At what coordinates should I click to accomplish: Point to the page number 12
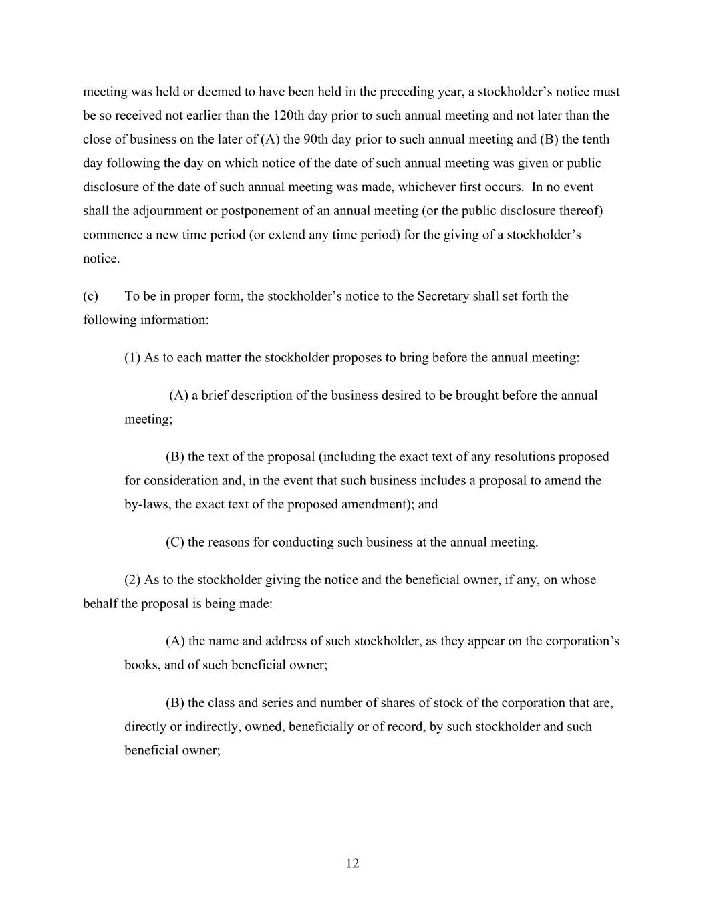click(x=353, y=863)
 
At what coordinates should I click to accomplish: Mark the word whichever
click(x=424, y=186)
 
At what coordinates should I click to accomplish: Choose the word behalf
click(x=100, y=603)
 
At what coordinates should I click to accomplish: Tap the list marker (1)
click(x=132, y=357)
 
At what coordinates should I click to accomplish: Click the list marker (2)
click(x=132, y=579)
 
